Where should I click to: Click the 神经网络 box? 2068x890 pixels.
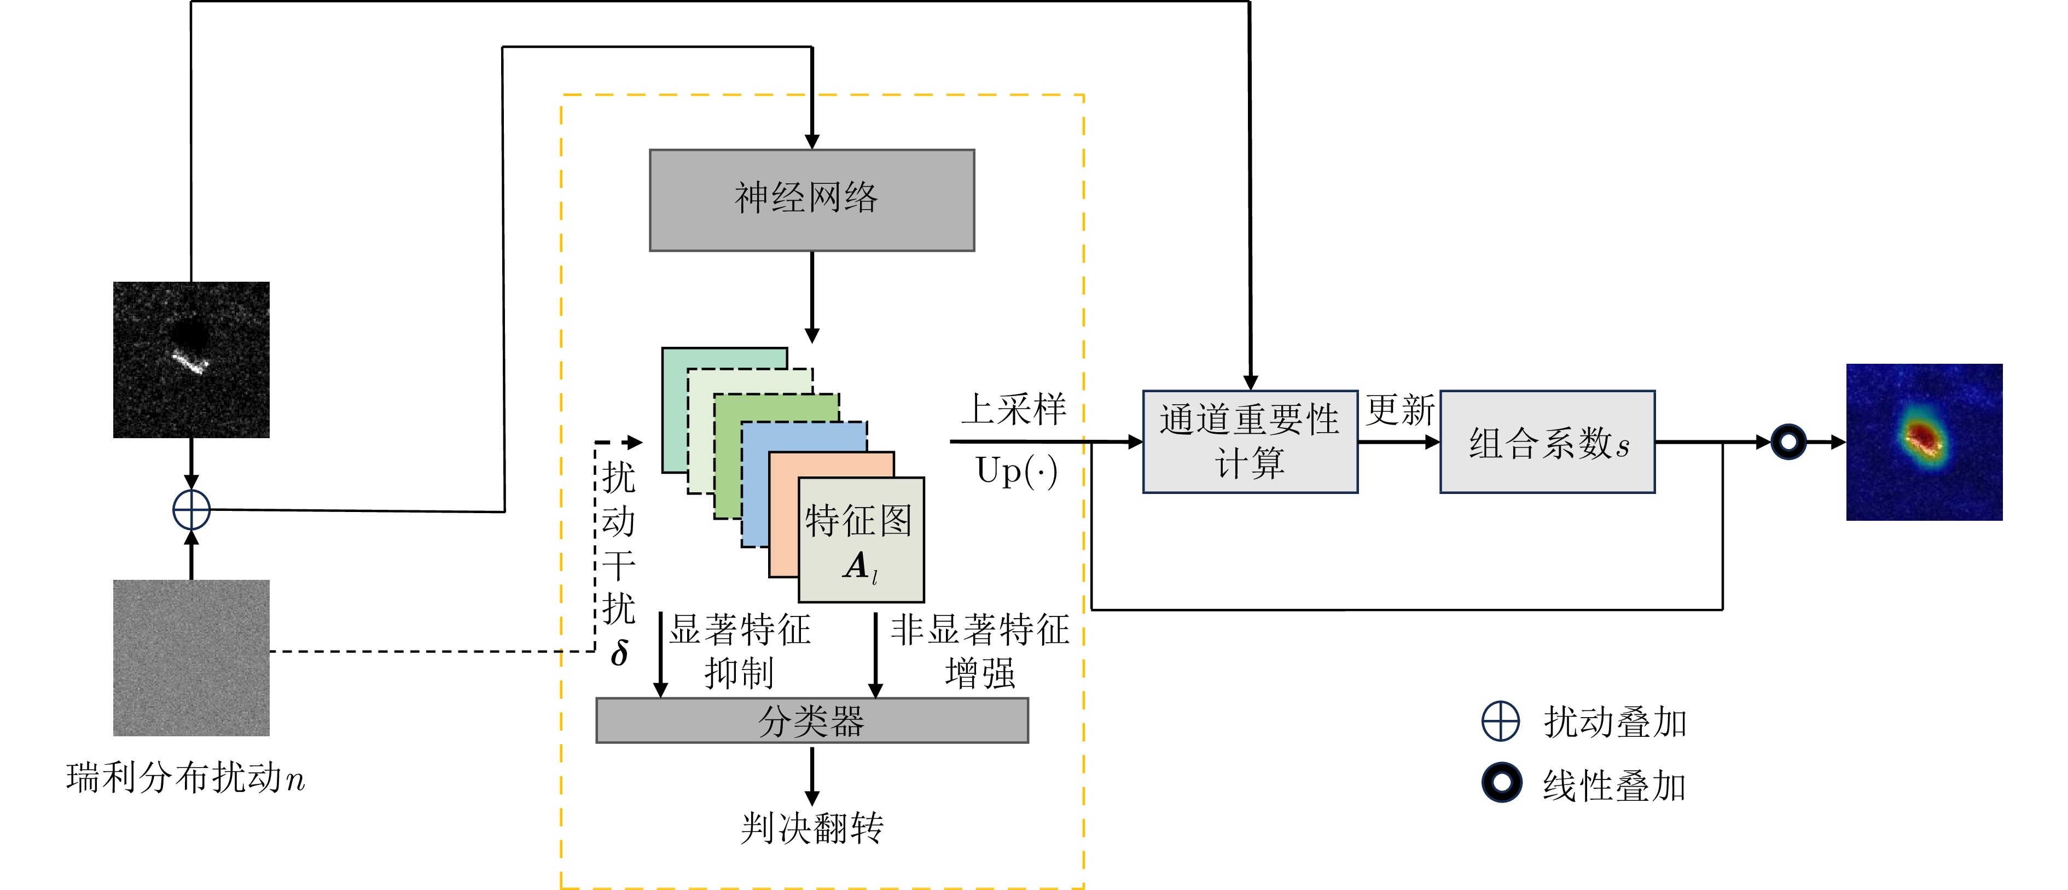(812, 200)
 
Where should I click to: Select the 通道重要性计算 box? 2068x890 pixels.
(1250, 441)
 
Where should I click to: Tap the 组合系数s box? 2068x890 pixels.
(1547, 441)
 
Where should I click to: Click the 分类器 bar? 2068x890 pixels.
(812, 720)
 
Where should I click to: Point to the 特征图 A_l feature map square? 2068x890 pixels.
(861, 540)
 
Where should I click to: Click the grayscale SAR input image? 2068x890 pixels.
(191, 359)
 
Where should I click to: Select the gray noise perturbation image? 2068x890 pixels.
(191, 658)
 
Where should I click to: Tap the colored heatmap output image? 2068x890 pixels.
(1924, 441)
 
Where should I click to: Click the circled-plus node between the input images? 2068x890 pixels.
(191, 510)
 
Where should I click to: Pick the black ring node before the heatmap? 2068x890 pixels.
(1788, 441)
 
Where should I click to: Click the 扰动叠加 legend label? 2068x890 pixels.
(1614, 722)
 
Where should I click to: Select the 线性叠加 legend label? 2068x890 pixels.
(1614, 785)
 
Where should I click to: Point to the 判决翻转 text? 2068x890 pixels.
(812, 828)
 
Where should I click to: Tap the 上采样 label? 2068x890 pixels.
(1014, 409)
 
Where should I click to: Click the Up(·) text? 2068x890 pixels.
(1016, 471)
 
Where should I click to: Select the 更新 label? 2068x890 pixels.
(1400, 410)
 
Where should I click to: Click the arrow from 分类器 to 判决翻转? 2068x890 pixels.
(812, 775)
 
